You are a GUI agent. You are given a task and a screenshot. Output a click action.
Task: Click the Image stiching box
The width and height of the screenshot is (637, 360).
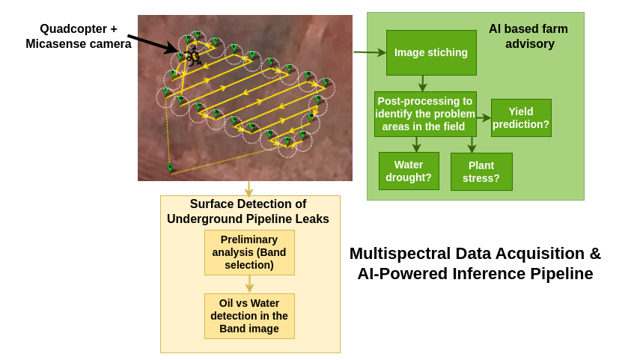point(431,52)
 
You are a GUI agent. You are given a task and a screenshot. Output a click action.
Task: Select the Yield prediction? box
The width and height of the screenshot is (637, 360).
point(521,118)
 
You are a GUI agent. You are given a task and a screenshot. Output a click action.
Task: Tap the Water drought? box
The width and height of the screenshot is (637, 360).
point(409,171)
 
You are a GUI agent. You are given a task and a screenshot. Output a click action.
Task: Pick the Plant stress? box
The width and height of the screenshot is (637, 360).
point(481,171)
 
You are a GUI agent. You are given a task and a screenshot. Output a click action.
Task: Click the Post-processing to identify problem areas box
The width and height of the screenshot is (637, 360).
point(425,114)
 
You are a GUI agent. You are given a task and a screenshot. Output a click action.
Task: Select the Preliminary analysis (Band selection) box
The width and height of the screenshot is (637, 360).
point(249,252)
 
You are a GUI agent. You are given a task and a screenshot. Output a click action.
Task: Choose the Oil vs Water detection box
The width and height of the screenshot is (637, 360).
point(249,316)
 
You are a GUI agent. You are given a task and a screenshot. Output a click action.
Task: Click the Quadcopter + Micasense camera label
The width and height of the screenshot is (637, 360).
point(79,36)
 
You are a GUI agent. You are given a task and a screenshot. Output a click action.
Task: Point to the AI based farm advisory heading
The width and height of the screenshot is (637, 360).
point(528,36)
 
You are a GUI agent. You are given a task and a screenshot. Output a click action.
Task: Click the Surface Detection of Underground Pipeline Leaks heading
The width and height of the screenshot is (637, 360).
point(248,211)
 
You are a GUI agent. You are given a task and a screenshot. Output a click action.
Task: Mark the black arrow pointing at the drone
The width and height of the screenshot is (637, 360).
point(152,43)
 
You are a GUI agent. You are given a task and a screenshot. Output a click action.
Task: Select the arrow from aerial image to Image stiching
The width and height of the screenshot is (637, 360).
point(370,52)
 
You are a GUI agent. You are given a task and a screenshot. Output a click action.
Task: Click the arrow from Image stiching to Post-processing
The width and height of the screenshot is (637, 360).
point(423,83)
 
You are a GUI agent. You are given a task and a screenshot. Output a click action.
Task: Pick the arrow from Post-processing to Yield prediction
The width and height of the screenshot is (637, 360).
point(484,118)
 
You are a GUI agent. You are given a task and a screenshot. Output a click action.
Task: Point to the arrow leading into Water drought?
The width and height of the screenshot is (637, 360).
point(416,144)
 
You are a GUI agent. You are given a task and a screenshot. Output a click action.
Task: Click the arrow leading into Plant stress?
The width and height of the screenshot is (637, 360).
point(472,144)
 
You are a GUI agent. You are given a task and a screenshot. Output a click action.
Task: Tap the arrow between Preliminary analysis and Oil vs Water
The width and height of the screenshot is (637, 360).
point(249,284)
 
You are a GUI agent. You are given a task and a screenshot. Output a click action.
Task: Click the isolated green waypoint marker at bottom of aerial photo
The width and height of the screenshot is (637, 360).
point(170,168)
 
